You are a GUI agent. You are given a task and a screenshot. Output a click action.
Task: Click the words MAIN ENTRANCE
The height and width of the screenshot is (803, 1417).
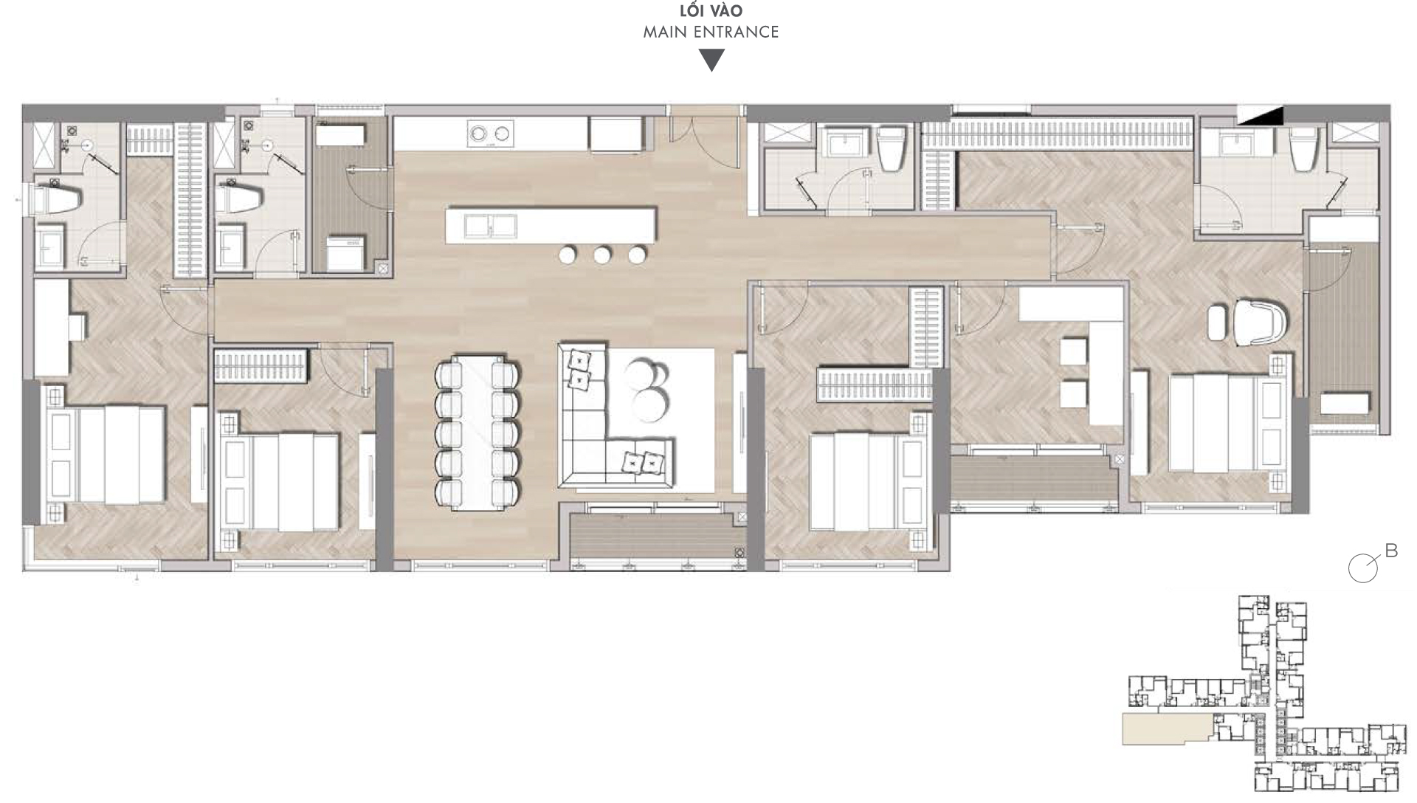711,32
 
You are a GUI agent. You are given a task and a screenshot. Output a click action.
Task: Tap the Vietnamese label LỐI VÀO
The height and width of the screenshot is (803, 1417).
711,11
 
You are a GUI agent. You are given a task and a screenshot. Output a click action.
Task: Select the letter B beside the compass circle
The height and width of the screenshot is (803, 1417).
1391,551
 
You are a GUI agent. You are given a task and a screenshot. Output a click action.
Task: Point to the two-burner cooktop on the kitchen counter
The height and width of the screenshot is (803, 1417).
489,134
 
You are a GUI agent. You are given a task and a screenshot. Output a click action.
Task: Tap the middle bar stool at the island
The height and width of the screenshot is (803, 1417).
602,255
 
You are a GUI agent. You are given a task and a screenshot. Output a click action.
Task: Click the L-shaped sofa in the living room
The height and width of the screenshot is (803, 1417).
590,443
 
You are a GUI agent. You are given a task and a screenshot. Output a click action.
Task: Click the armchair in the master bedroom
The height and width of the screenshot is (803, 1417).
1261,321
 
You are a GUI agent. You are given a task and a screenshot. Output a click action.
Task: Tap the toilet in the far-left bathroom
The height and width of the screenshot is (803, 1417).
53,199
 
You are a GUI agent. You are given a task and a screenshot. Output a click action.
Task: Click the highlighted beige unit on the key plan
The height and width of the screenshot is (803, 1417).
1166,728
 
